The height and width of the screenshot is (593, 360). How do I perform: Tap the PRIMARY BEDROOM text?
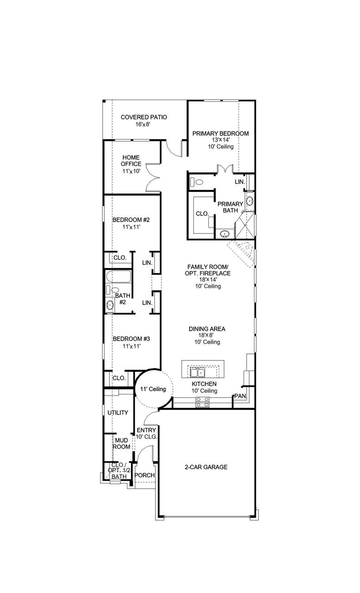[220, 133]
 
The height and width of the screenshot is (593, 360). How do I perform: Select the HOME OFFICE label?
[131, 161]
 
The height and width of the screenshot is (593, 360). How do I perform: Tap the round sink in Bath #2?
[110, 304]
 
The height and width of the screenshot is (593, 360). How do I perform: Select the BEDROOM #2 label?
[131, 220]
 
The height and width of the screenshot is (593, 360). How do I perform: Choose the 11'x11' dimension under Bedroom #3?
[131, 346]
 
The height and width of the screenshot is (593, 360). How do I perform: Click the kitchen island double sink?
[197, 373]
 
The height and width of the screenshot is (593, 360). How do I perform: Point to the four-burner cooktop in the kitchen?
[202, 402]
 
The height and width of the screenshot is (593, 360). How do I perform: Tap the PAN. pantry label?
[240, 396]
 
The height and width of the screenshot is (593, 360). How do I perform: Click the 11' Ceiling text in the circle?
[153, 389]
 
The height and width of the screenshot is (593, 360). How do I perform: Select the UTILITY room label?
[118, 413]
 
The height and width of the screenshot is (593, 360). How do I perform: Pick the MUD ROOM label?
[122, 443]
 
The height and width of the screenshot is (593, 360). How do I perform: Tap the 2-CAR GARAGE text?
[206, 467]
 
